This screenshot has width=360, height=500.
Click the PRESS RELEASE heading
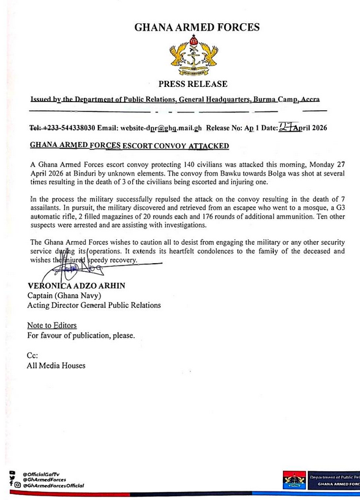point(193,84)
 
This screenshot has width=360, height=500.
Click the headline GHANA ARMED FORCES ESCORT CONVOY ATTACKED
point(129,146)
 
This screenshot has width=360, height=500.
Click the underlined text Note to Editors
point(52,326)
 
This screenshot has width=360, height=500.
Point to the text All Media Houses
point(56,365)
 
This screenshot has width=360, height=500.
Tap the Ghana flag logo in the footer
point(294,479)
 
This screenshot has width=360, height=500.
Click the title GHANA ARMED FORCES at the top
point(197,27)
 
